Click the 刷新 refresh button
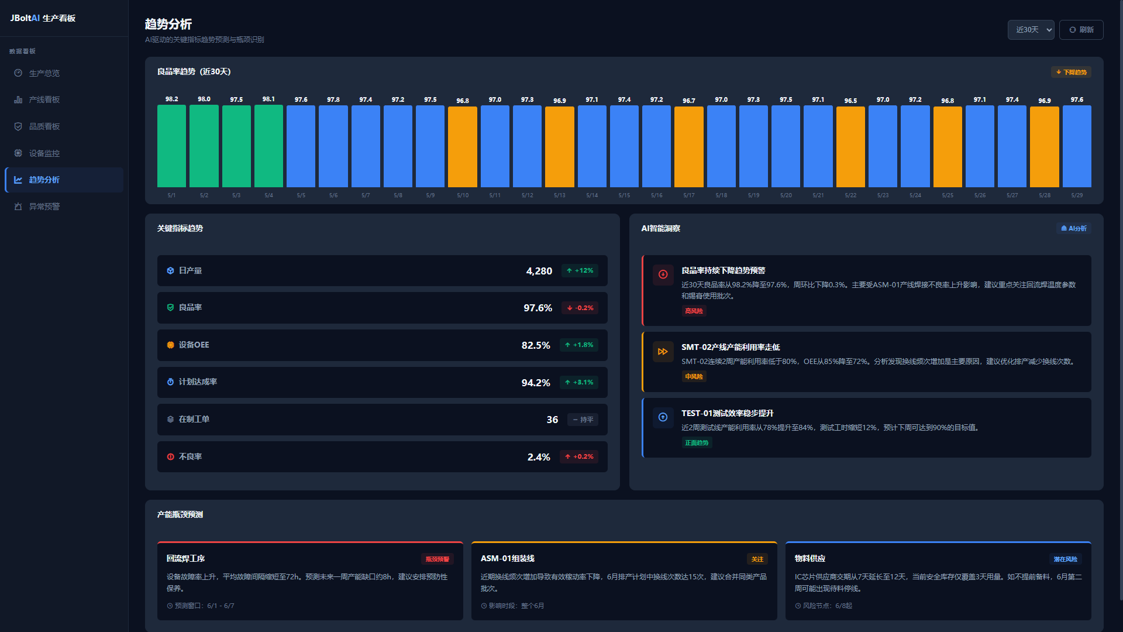(x=1081, y=30)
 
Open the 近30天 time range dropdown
(x=1031, y=30)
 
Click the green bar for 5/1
(x=171, y=146)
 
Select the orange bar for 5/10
(x=463, y=147)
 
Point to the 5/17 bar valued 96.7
(x=689, y=147)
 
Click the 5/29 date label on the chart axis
(x=1077, y=195)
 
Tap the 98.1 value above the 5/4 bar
(x=268, y=99)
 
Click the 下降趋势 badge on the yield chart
(x=1071, y=72)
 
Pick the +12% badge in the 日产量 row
(x=580, y=271)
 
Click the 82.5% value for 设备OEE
(x=536, y=345)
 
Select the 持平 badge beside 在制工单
(x=583, y=420)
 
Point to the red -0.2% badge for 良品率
(x=580, y=308)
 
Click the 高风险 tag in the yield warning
(x=694, y=311)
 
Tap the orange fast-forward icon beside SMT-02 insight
(x=663, y=352)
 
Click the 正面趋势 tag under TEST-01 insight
(x=697, y=443)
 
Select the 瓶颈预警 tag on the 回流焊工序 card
(x=438, y=559)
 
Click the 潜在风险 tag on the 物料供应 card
(x=1066, y=559)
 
